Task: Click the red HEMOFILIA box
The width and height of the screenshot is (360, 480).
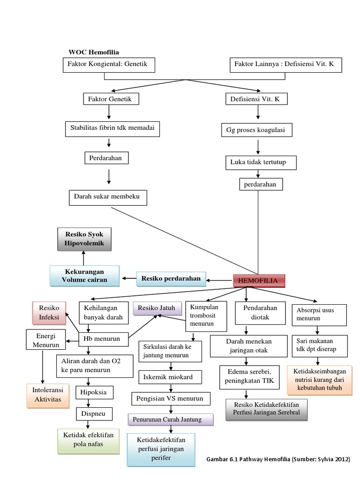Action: point(259,281)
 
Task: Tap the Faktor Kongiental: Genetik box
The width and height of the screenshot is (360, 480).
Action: point(108,65)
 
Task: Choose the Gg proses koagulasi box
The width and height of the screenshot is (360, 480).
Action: point(256,130)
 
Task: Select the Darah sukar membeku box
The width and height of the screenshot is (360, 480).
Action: point(108,197)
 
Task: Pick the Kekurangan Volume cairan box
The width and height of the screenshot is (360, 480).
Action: point(84,276)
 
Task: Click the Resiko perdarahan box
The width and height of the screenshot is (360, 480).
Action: point(171,279)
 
